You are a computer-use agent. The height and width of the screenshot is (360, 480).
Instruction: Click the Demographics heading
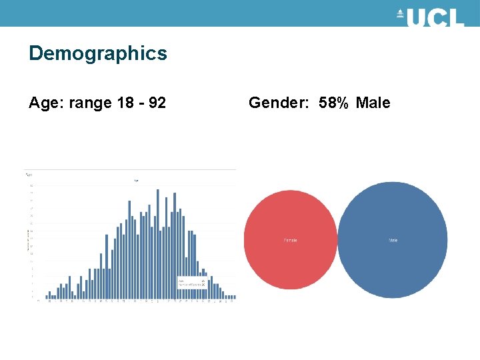pyautogui.click(x=98, y=53)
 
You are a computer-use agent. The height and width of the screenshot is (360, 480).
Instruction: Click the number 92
pyautogui.click(x=157, y=103)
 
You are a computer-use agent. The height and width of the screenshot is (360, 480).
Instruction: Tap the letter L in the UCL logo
pyautogui.click(x=456, y=18)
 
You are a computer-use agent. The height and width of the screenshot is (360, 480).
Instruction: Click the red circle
pyautogui.click(x=291, y=240)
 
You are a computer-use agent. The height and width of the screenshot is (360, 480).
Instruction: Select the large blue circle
pyautogui.click(x=393, y=240)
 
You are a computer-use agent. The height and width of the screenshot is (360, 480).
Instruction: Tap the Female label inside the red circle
pyautogui.click(x=291, y=240)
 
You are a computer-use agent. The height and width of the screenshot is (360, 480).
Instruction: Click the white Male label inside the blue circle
pyautogui.click(x=393, y=240)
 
